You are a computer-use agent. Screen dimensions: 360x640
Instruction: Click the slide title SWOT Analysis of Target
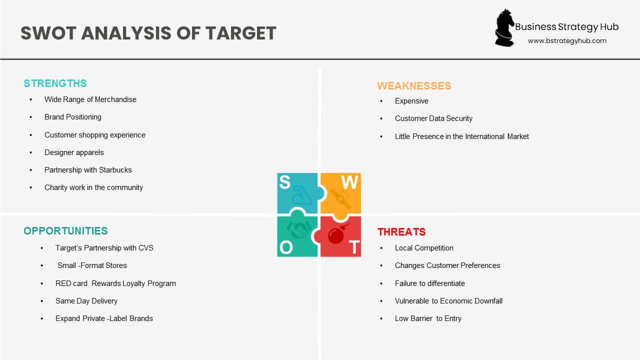click(x=148, y=33)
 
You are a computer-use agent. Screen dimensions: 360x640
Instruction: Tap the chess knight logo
click(x=504, y=28)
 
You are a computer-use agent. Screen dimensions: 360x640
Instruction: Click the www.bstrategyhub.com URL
click(x=567, y=41)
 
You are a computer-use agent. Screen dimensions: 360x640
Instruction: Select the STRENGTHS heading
click(x=55, y=83)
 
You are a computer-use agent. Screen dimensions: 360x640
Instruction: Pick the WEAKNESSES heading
click(x=414, y=86)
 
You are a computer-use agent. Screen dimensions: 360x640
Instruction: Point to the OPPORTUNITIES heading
click(x=65, y=231)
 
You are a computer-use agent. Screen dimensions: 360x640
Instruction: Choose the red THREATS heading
click(x=401, y=232)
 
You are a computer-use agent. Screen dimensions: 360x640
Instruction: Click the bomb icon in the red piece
click(x=336, y=234)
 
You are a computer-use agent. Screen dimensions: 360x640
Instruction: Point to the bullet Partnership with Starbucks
click(x=88, y=170)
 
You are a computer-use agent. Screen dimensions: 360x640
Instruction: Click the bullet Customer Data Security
click(x=433, y=118)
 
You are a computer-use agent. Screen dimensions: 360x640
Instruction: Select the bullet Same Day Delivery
click(x=86, y=301)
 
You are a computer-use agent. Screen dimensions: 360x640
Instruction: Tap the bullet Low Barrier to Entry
click(x=428, y=318)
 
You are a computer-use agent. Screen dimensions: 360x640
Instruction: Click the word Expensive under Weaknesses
click(x=411, y=101)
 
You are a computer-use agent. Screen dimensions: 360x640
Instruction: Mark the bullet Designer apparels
click(x=74, y=152)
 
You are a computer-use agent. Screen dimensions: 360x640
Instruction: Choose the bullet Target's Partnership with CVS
click(x=104, y=248)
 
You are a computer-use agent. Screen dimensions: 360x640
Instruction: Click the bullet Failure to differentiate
click(x=430, y=283)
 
